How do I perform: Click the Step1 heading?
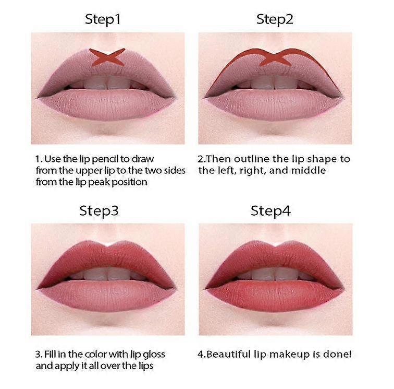(x=103, y=19)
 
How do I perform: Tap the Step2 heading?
(x=275, y=19)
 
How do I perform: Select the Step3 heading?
(x=98, y=211)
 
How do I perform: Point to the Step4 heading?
(x=270, y=211)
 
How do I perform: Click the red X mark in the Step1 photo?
(x=107, y=57)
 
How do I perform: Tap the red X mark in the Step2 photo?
(x=275, y=57)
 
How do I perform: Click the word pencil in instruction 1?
(x=104, y=159)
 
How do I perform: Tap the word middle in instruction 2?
(x=309, y=170)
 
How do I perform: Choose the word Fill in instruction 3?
(x=50, y=354)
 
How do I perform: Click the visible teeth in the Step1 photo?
(x=107, y=83)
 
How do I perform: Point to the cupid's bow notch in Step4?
(x=276, y=245)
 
